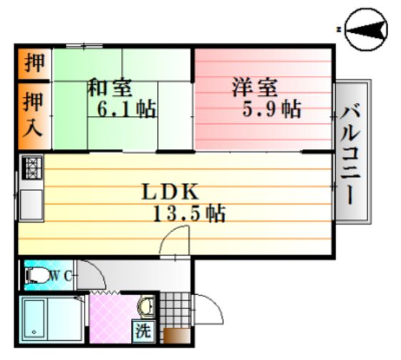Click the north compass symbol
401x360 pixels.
click(x=366, y=29)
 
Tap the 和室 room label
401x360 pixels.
click(x=110, y=87)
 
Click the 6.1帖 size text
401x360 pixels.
click(x=127, y=110)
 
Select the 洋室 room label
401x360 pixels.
click(x=255, y=87)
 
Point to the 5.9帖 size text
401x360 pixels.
click(x=271, y=109)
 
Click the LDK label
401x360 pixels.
click(x=170, y=192)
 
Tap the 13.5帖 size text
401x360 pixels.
click(x=189, y=213)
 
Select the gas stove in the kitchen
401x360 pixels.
click(x=32, y=168)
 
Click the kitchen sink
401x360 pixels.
click(x=32, y=205)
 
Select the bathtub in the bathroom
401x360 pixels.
click(x=34, y=318)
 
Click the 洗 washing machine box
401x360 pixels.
click(x=143, y=331)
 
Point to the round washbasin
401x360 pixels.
click(x=146, y=306)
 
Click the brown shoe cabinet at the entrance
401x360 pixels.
click(x=177, y=335)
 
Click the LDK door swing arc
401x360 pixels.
click(x=166, y=233)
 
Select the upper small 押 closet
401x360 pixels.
click(x=34, y=64)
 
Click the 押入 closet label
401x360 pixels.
click(x=33, y=115)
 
